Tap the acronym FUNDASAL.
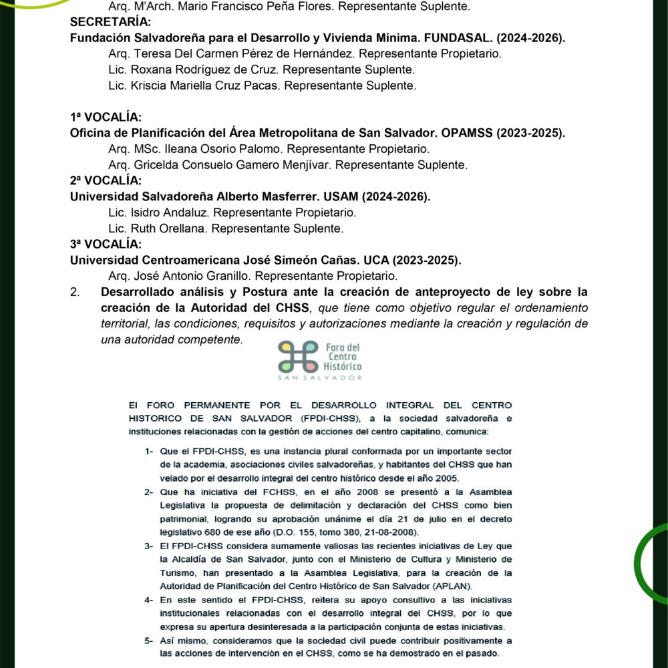click(430, 38)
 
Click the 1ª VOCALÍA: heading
click(106, 118)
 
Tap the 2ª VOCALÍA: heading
click(106, 180)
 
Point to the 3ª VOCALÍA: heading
click(106, 244)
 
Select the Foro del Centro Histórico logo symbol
click(298, 356)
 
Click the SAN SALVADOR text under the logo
click(320, 377)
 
